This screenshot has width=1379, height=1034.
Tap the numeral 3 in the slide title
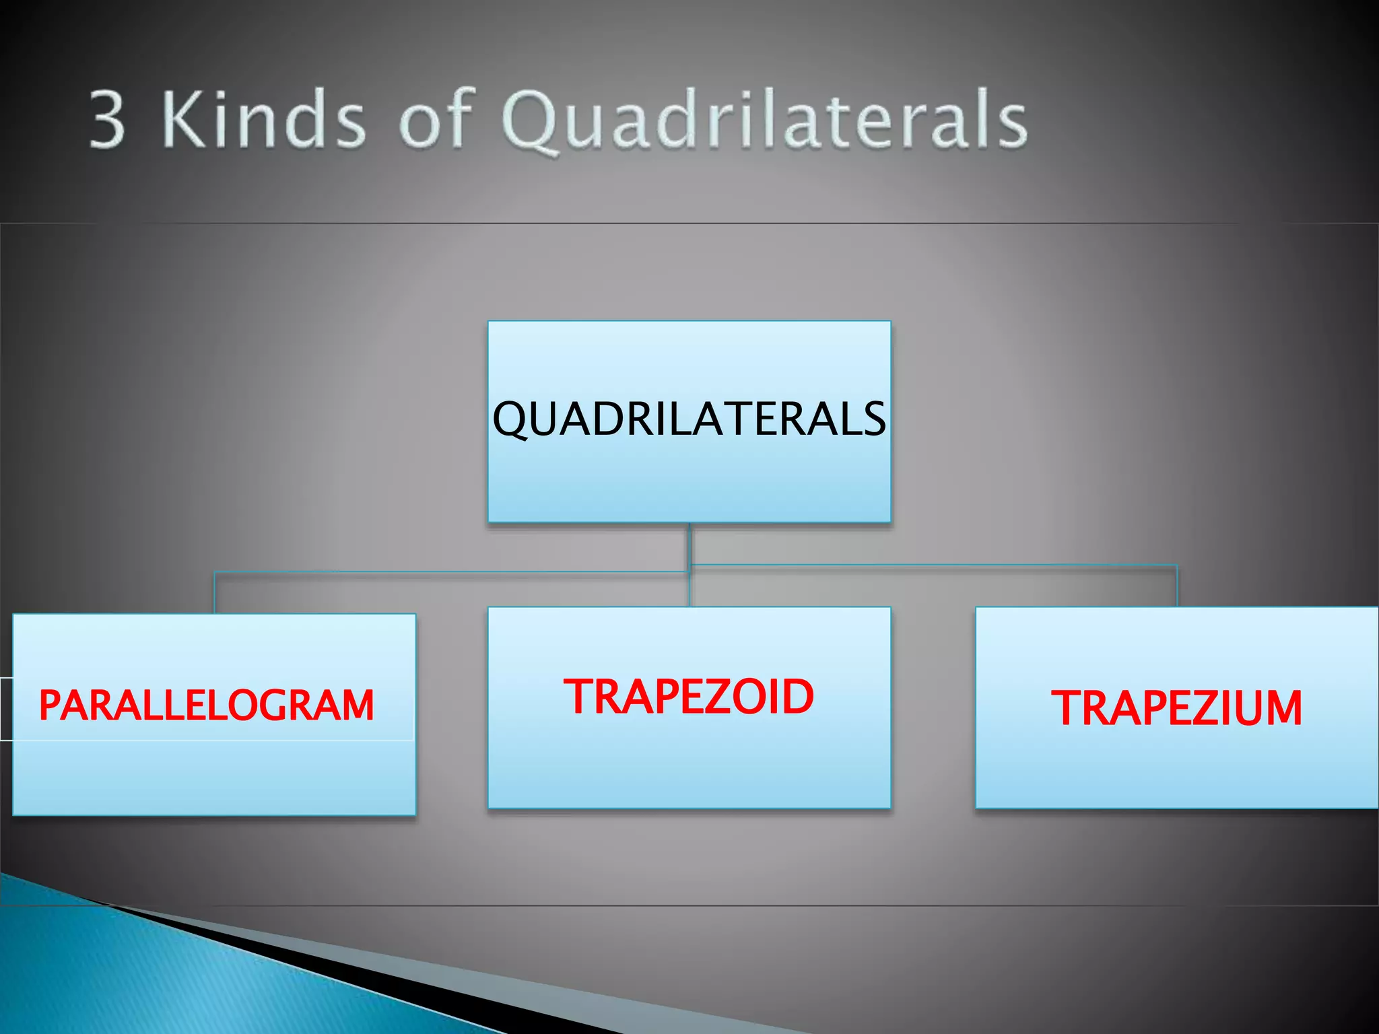tap(108, 120)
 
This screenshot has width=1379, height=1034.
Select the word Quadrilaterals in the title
tap(764, 121)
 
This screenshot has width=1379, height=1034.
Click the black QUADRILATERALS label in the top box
tap(689, 419)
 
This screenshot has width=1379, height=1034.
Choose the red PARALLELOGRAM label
tap(206, 705)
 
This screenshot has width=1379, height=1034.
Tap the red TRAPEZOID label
tap(689, 697)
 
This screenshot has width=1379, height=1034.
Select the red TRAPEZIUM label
tap(1176, 708)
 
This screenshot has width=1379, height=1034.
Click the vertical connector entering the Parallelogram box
tap(215, 592)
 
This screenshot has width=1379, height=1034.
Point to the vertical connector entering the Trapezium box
tap(1176, 586)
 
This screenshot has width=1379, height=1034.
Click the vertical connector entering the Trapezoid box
tap(689, 589)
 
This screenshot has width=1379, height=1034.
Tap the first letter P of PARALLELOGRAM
tap(51, 705)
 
